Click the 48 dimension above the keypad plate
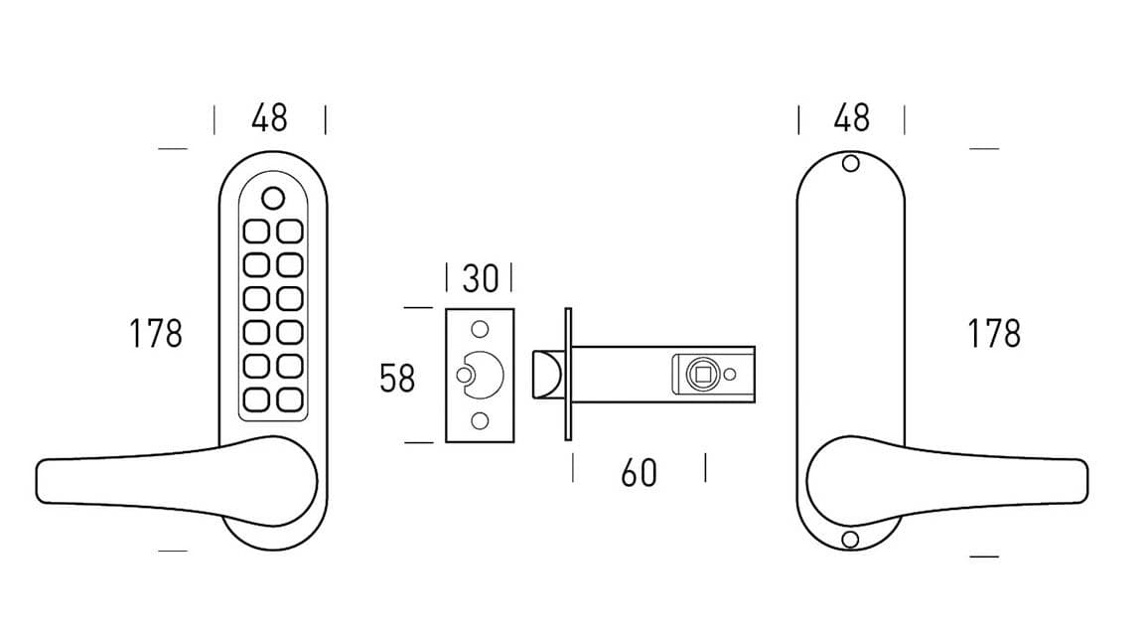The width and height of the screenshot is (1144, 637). click(269, 118)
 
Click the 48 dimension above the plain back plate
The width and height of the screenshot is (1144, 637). click(852, 118)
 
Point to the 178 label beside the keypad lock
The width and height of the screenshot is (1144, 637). click(156, 334)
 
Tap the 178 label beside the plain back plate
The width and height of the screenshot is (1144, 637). click(994, 334)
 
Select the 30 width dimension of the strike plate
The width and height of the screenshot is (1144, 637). click(480, 279)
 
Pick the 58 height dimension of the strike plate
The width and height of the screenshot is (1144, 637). click(397, 379)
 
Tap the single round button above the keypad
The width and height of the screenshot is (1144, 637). click(273, 198)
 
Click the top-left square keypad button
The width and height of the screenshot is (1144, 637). click(256, 232)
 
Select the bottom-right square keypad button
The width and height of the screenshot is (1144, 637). click(289, 399)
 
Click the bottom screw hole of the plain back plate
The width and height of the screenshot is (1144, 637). click(849, 539)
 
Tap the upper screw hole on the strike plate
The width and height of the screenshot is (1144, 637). click(480, 329)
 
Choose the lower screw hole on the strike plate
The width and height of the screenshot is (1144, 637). click(480, 421)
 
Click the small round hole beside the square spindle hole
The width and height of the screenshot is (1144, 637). click(730, 375)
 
